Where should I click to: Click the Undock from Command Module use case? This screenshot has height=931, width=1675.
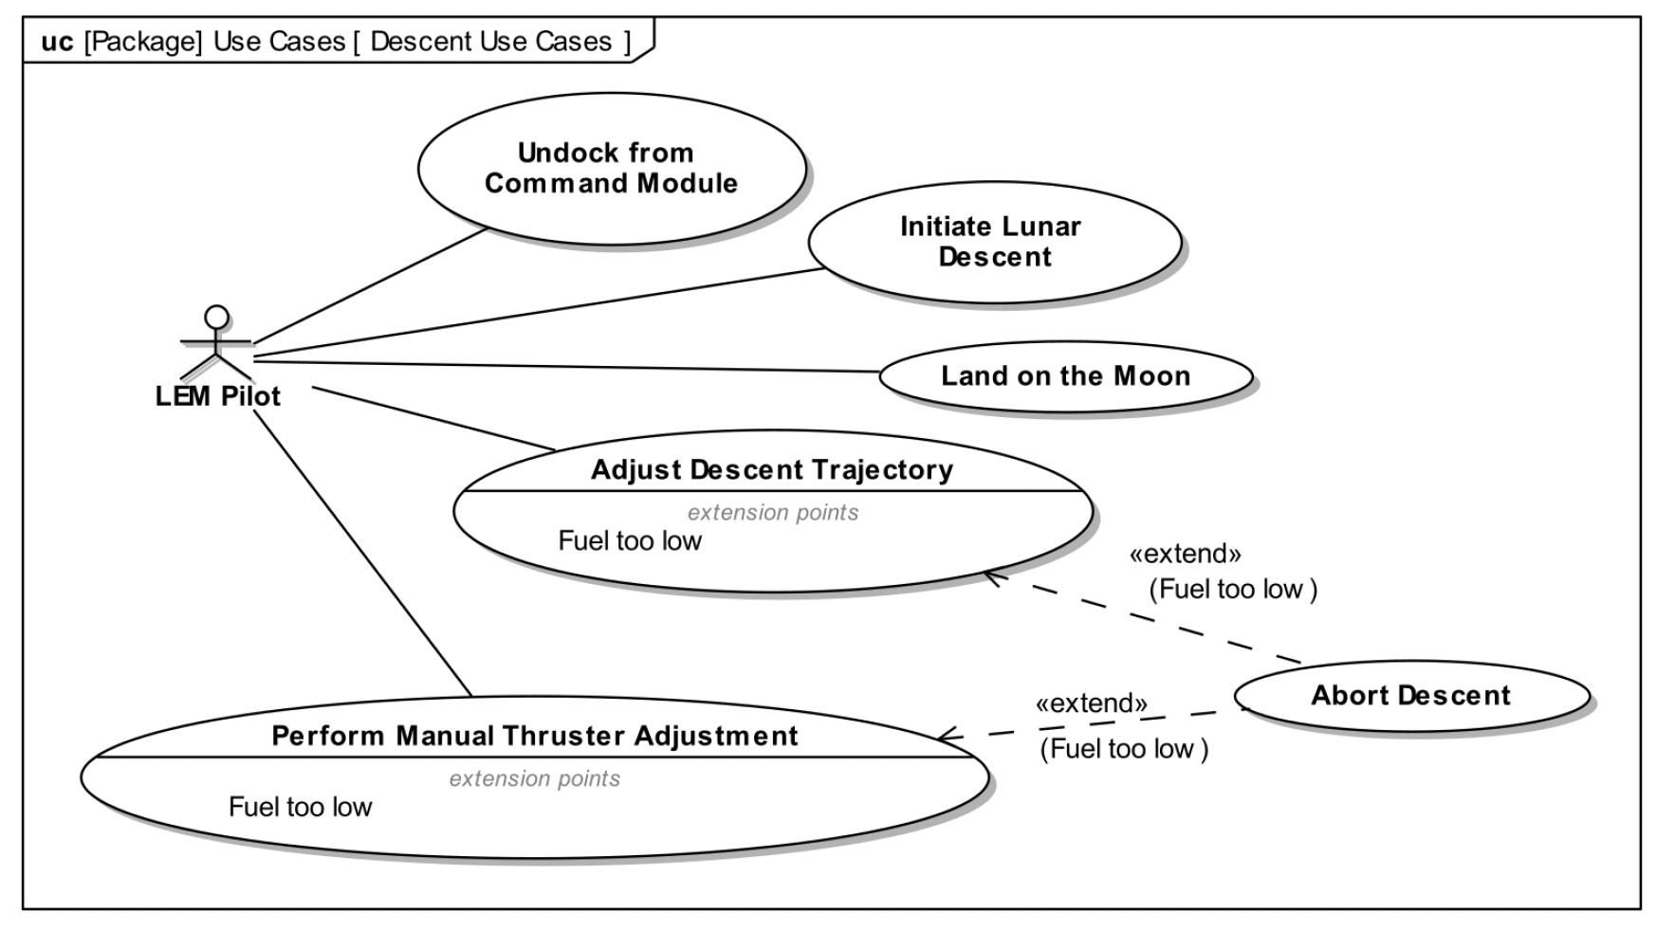(611, 168)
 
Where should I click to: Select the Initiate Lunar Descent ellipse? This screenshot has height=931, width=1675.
(994, 242)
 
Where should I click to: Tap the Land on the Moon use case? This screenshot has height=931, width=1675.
(1065, 376)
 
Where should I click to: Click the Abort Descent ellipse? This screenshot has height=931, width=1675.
(1410, 696)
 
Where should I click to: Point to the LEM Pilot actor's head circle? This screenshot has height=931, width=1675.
(217, 316)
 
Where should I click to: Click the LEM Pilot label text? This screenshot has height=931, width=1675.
(218, 396)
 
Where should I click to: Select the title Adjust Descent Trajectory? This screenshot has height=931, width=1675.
(772, 470)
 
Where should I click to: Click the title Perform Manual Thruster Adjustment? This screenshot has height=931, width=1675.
(535, 737)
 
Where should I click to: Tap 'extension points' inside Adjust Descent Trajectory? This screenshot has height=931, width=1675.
(773, 513)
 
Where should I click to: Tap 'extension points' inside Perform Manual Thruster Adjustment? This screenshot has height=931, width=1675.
(535, 779)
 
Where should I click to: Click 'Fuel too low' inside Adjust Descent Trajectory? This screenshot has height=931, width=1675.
(630, 541)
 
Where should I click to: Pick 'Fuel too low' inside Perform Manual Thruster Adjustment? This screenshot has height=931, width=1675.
(301, 808)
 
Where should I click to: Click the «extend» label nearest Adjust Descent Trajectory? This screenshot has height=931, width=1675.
(1185, 554)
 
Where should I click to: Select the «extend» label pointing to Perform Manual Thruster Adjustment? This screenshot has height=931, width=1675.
(1091, 703)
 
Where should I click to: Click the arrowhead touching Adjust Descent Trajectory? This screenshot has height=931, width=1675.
(992, 575)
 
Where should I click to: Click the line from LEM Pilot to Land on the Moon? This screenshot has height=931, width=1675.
(569, 366)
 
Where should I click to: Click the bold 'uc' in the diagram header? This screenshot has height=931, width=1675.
(57, 43)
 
